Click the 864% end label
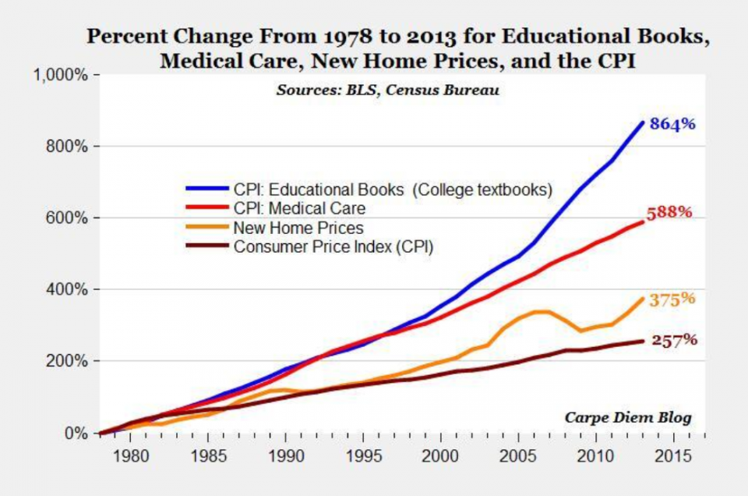[672, 125]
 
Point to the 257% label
[674, 340]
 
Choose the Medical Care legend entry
[299, 209]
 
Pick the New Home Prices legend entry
[298, 229]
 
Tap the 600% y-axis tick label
[66, 218]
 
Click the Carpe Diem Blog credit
[628, 417]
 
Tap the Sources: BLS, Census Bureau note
[388, 90]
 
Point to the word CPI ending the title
[616, 61]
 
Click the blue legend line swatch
[206, 189]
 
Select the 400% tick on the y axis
[66, 290]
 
